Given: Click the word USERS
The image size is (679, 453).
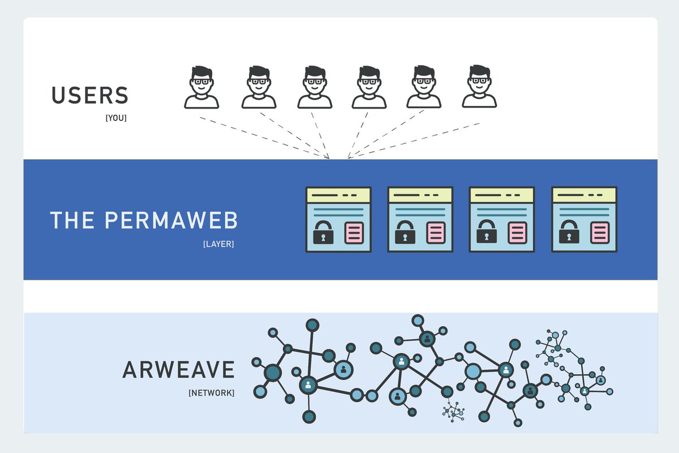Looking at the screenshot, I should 90,95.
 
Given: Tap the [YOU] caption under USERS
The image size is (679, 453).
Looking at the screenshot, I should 116,118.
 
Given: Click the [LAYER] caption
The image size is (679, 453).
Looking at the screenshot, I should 218,244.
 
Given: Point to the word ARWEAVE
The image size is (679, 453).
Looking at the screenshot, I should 178,370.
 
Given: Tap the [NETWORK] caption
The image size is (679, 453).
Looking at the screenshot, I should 211,392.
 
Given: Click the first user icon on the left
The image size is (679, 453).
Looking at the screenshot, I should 201,87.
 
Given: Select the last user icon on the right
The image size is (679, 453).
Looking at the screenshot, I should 479,87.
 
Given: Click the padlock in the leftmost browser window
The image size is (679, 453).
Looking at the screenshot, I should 324,232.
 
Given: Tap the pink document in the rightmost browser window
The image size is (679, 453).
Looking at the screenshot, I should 600,232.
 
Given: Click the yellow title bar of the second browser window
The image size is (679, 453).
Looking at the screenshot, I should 420,195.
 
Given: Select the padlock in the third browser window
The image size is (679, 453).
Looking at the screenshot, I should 487,232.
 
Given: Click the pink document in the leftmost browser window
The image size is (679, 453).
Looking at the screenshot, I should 354,232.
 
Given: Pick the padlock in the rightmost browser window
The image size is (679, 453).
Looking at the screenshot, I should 569,232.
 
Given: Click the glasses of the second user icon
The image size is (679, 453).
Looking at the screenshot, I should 259,82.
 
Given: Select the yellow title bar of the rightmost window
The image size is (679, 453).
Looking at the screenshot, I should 584,195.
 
